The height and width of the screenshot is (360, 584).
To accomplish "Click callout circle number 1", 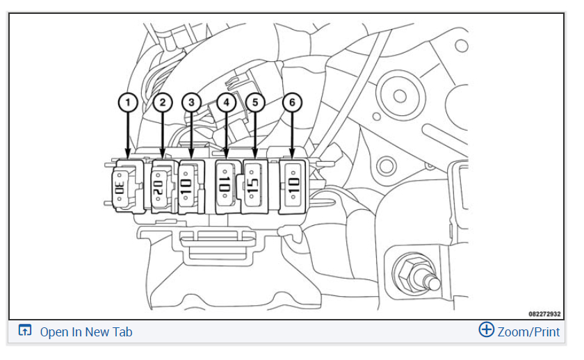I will (x=126, y=103).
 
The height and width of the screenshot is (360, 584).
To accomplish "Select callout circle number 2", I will (x=162, y=103).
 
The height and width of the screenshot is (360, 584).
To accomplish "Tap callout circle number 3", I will (x=191, y=103).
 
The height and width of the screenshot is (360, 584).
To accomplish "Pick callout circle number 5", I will (x=256, y=103).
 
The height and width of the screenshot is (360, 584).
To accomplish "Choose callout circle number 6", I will (x=293, y=103).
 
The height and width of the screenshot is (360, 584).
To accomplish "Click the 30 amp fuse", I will (x=120, y=187).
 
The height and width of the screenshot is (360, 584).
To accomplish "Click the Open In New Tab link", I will (x=86, y=332).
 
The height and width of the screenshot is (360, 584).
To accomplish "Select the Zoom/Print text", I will (x=528, y=332).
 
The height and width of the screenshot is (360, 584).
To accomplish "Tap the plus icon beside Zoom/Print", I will (x=487, y=330).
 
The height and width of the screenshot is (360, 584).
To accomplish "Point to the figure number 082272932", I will (x=544, y=313).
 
